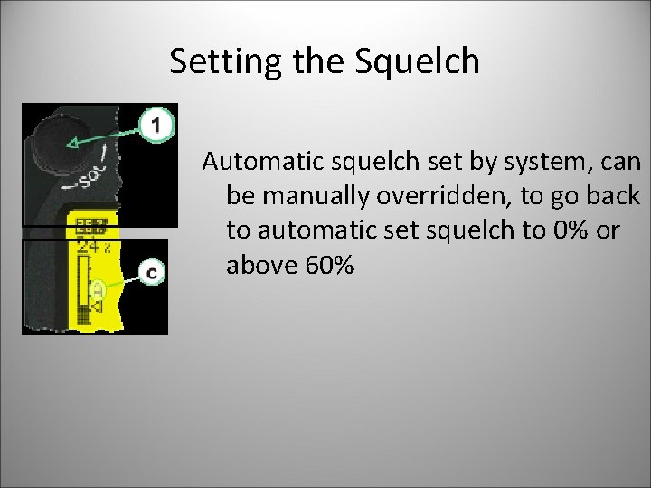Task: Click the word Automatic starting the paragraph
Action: coord(257,162)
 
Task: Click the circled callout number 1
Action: coord(157,124)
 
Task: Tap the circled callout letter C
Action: coord(153,272)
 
